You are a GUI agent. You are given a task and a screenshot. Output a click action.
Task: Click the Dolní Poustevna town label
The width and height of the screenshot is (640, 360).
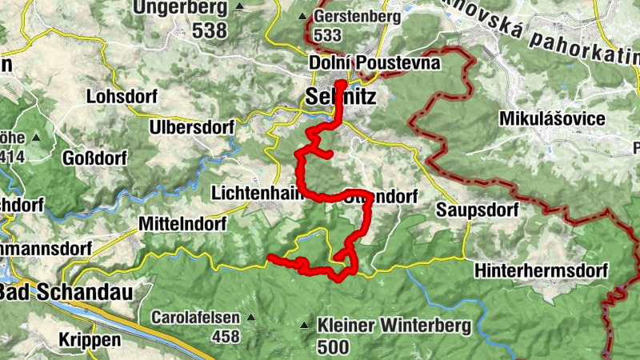tap(374, 62)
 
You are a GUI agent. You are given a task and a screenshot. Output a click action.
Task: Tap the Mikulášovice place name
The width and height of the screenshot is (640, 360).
tap(551, 118)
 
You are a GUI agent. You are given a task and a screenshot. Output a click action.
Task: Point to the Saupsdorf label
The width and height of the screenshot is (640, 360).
tap(477, 210)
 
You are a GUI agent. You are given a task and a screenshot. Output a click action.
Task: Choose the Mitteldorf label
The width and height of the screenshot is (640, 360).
tap(182, 222)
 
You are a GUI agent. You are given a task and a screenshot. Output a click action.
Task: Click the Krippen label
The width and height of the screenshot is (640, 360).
tap(90, 339)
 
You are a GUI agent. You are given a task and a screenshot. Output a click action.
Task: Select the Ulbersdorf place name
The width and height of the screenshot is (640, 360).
tap(191, 127)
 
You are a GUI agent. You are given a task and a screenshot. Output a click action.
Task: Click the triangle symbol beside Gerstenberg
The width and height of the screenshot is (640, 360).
tap(302, 17)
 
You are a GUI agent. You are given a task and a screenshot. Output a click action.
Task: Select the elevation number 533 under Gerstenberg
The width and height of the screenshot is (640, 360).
tap(329, 35)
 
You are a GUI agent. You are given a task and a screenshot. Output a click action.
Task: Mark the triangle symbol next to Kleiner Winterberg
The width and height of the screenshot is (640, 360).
tap(304, 326)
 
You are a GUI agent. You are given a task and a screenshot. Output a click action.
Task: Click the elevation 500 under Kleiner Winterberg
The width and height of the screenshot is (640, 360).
tap(332, 346)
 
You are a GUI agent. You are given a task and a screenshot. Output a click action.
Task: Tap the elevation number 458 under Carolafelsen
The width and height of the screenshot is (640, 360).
tap(225, 336)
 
